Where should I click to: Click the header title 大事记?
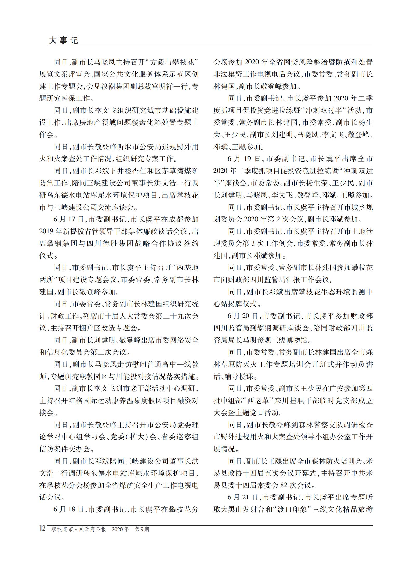tap(63, 40)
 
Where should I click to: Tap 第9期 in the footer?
tap(142, 529)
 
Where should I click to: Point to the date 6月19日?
tap(244, 159)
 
